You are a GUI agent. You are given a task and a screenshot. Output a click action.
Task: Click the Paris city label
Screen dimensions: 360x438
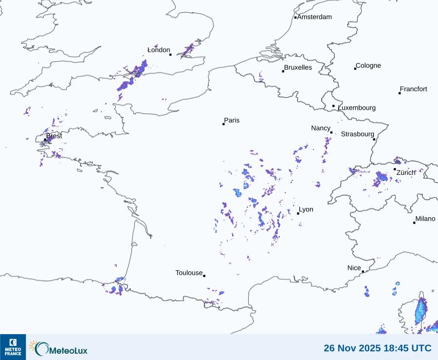[x=232, y=120]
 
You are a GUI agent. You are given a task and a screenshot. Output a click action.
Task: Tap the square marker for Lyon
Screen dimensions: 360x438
[x=298, y=213]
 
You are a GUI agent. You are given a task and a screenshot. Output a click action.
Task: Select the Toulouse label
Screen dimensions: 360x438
[x=189, y=273]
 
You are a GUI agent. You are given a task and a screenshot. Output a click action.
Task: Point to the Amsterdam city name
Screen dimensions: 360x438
[x=314, y=17]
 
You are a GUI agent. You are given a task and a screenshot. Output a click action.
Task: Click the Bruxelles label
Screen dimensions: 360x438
[x=298, y=68]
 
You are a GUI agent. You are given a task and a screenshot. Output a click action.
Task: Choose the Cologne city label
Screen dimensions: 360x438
[x=368, y=66]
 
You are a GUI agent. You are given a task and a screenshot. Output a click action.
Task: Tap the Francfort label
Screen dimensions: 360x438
[x=414, y=89]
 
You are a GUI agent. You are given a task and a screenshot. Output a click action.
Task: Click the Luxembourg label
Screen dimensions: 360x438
[x=357, y=108]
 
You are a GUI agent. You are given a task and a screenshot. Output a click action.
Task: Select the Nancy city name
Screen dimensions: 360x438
[x=321, y=128]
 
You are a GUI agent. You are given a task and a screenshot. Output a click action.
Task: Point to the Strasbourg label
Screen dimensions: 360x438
[x=357, y=134]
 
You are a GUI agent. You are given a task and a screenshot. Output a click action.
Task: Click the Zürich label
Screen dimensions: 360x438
[x=406, y=172]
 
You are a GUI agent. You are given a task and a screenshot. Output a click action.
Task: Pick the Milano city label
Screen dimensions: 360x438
[x=425, y=219]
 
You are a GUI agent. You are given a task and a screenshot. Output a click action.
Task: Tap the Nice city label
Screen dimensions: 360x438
[x=354, y=268]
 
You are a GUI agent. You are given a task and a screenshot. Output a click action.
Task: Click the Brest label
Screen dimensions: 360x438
[x=54, y=136]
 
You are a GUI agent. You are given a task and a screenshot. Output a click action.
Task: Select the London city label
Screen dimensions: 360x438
[x=159, y=50]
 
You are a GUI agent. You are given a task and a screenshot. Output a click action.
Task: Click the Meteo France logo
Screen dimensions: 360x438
[x=13, y=347]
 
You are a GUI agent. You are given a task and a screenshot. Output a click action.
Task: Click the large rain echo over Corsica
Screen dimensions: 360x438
[x=420, y=309]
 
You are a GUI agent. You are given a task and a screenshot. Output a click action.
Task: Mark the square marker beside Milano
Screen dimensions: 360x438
[x=414, y=223]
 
